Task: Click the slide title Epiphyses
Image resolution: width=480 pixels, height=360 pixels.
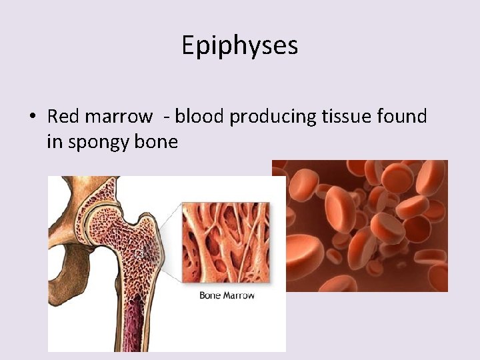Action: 239,45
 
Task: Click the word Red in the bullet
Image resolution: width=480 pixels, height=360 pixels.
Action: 63,117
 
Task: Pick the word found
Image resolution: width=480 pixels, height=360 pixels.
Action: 402,117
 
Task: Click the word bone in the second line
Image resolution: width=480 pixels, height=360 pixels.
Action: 159,141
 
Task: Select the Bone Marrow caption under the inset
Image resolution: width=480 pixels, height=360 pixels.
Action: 227,295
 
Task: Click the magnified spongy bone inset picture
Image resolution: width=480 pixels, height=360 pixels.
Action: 227,243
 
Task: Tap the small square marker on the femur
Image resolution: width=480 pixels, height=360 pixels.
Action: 139,253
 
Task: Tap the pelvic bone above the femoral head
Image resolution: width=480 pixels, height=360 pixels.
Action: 73,193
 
